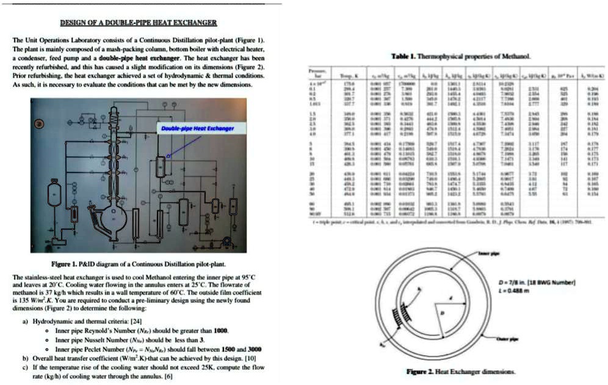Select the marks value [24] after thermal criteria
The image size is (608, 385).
pos(136,320)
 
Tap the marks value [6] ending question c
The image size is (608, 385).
pos(168,376)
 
